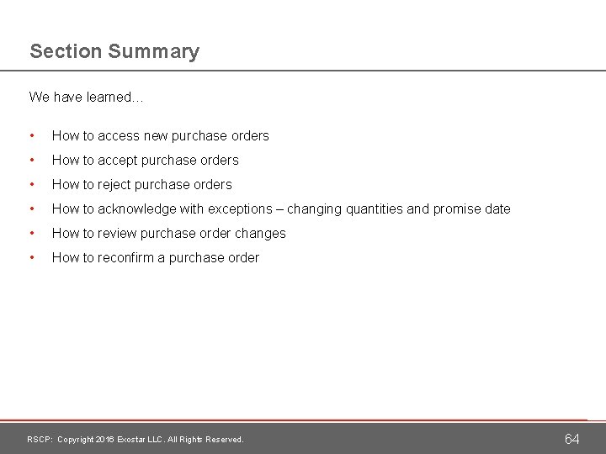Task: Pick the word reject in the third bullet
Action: [116, 184]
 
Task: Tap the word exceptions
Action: [245, 209]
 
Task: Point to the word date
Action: [497, 209]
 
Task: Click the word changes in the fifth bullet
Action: [262, 233]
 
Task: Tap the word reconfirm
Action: [129, 257]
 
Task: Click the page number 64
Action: [571, 439]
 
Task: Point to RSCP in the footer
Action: [40, 440]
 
